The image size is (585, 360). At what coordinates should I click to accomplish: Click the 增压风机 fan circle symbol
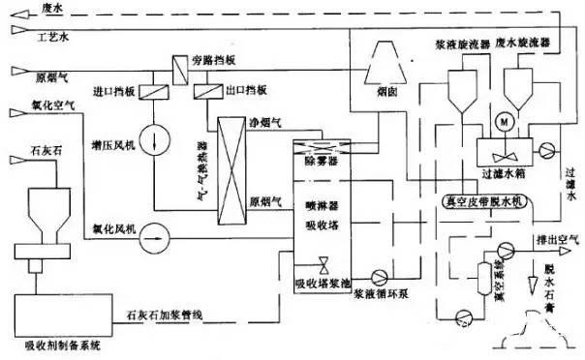pyautogui.click(x=155, y=135)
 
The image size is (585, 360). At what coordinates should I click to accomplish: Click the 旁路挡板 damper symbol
pyautogui.click(x=181, y=66)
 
